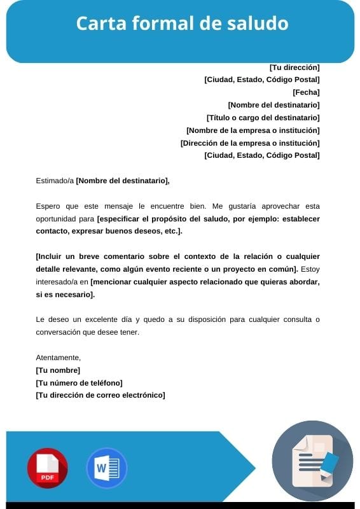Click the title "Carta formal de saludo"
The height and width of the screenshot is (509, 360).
tap(182, 24)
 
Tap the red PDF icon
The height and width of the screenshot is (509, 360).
tap(47, 468)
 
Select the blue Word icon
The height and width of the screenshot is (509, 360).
tap(106, 468)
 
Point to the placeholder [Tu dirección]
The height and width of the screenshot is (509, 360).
tap(294, 67)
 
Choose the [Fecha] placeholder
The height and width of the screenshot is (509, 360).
tap(306, 92)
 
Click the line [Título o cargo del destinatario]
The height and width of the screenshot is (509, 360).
tap(263, 118)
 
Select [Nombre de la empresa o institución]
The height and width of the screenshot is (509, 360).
tap(253, 130)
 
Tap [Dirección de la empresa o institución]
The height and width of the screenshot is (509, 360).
tap(250, 143)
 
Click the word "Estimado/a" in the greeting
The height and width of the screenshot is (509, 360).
tap(55, 181)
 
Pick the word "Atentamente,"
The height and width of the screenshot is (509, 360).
tap(59, 358)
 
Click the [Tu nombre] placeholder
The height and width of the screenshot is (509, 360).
tap(58, 370)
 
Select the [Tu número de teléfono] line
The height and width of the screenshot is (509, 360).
tap(79, 383)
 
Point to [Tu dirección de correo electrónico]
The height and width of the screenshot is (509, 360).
tap(100, 395)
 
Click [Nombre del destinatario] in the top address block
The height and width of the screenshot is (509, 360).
tap(273, 105)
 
